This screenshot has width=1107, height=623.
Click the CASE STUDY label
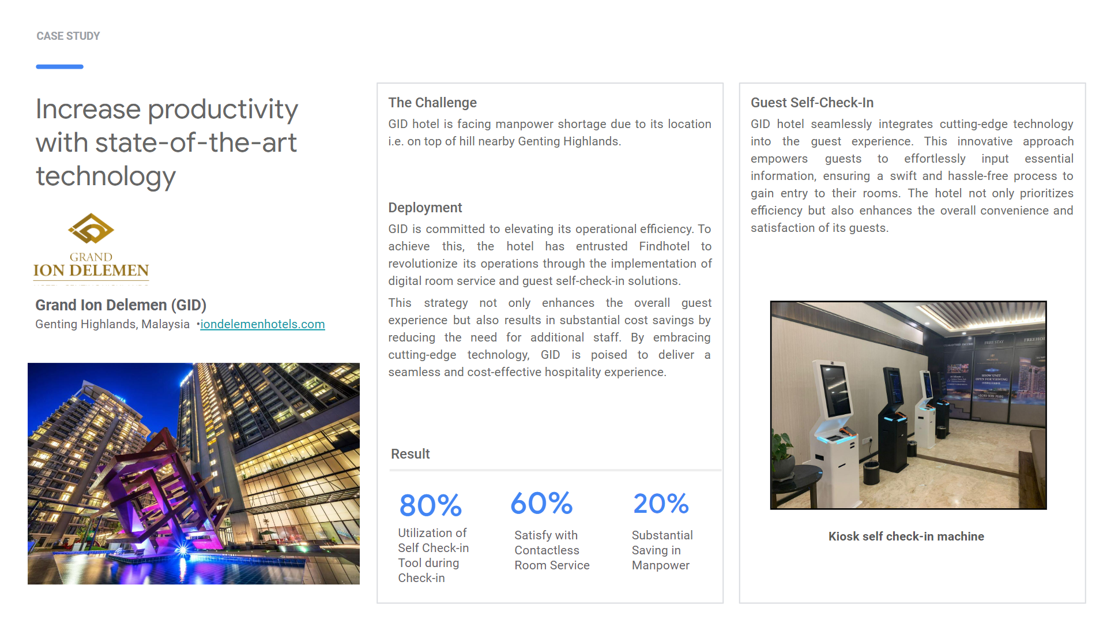tap(68, 36)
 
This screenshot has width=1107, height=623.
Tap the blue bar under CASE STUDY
tap(59, 67)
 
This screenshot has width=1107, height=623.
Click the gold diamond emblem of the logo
tap(91, 229)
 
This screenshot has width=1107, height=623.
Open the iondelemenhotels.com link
tap(262, 324)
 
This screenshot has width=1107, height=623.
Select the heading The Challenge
tap(432, 103)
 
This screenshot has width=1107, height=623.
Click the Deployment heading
tap(425, 208)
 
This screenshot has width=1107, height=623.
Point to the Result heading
tap(410, 454)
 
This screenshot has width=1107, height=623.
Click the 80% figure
tap(430, 505)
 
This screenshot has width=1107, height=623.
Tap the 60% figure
tap(541, 504)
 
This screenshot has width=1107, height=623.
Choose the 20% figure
tap(661, 504)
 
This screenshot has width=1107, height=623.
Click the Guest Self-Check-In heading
tap(812, 103)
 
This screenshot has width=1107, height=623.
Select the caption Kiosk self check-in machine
tap(906, 536)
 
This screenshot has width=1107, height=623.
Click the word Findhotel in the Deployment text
tap(664, 246)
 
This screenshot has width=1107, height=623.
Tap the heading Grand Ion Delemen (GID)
tap(121, 305)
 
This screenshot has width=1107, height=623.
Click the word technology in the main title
tap(106, 176)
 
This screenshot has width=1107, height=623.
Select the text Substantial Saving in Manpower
tap(662, 550)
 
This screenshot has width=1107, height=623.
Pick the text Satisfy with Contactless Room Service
tap(552, 550)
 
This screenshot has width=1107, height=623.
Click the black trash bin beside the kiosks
tap(871, 472)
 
